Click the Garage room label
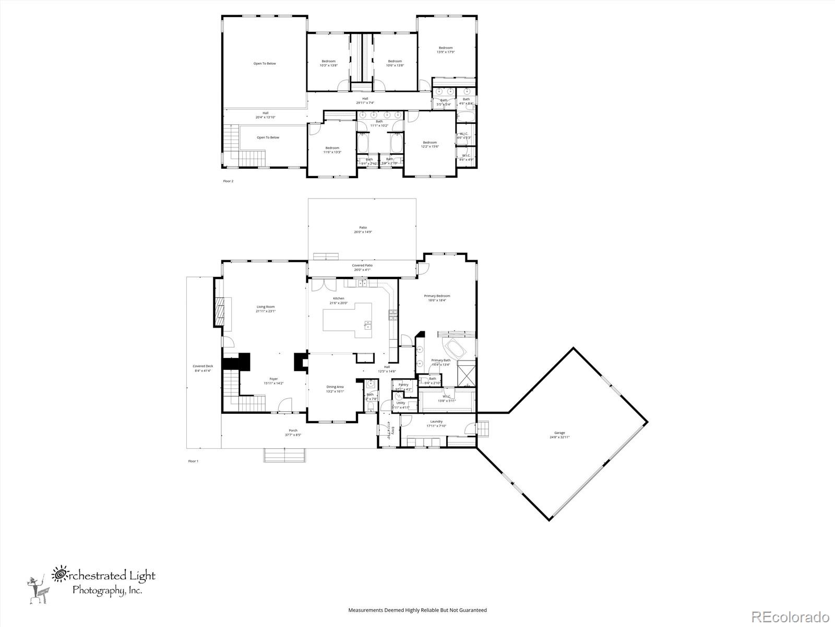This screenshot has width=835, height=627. [559, 435]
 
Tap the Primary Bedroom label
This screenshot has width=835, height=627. [437, 298]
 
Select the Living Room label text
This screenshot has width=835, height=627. [265, 309]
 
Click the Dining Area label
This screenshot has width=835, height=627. [335, 389]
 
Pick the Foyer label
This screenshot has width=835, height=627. [273, 381]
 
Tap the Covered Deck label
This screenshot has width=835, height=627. [202, 368]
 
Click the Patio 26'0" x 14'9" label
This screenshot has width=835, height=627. [363, 229]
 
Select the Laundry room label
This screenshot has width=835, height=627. [436, 423]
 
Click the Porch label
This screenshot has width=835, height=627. [293, 433]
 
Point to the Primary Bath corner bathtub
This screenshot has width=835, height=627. [455, 349]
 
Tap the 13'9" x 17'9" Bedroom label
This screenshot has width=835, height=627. [445, 50]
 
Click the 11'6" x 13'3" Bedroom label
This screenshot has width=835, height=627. [332, 150]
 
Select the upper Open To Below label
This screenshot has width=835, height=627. [265, 64]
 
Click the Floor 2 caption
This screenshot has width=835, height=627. [228, 181]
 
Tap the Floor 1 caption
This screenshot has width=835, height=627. [193, 461]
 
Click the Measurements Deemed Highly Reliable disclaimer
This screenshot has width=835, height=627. [417, 610]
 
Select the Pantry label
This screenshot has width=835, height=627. [403, 387]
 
